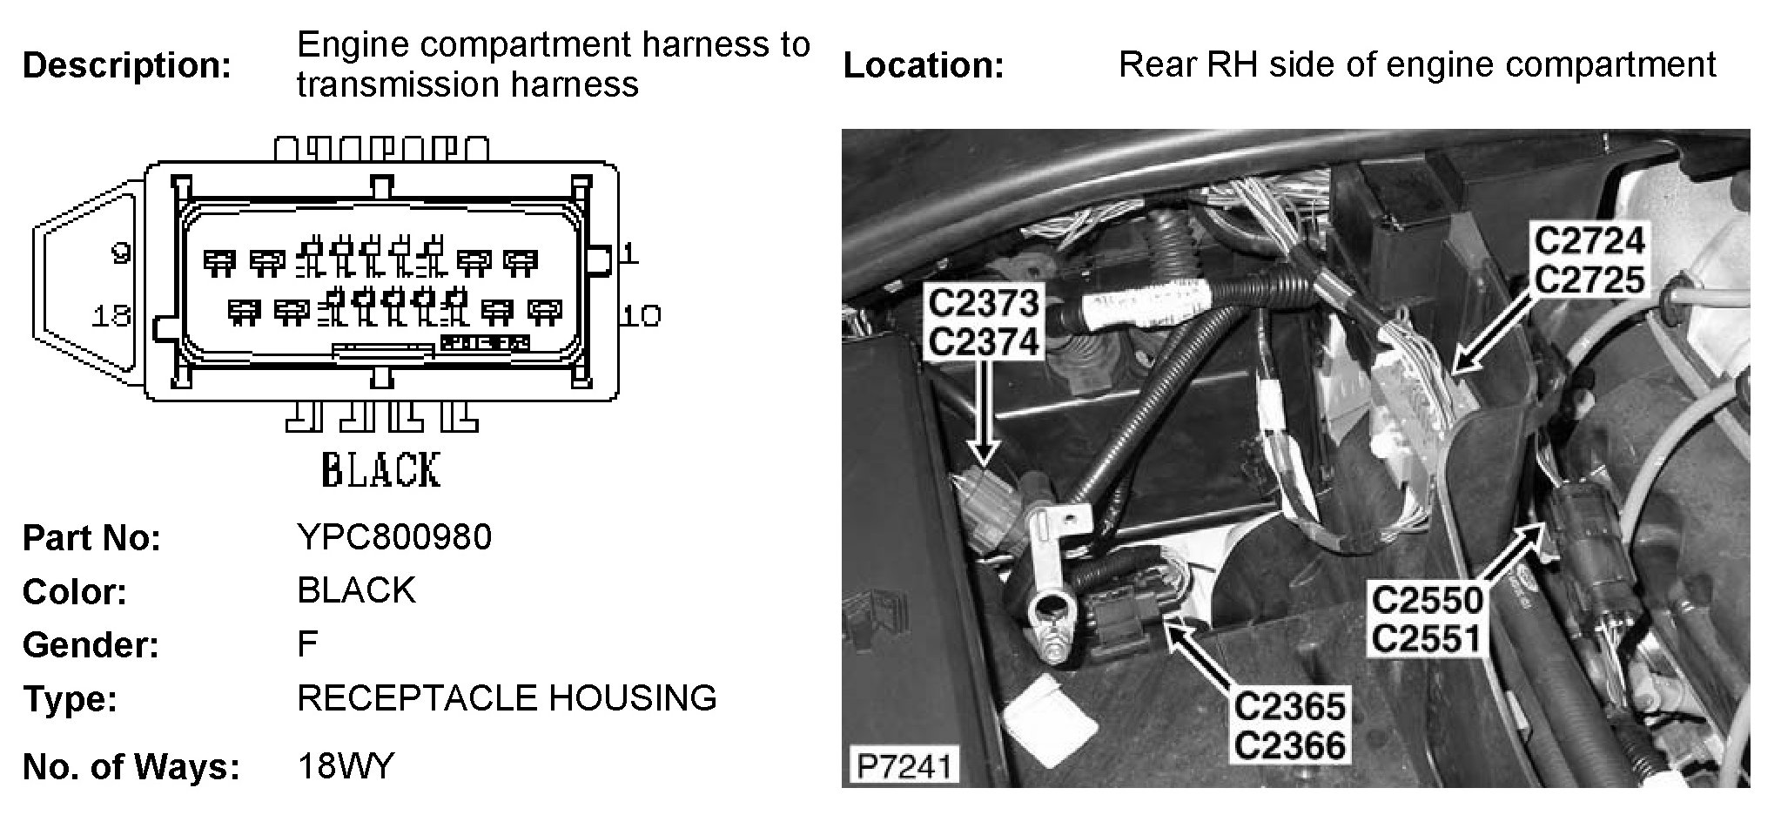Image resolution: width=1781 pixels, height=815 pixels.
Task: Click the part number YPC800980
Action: pyautogui.click(x=394, y=537)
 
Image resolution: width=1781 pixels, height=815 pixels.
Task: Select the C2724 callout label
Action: pyautogui.click(x=1589, y=241)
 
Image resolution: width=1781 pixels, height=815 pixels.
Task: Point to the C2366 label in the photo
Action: pyautogui.click(x=1290, y=745)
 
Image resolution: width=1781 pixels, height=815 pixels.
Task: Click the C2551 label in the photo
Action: pyautogui.click(x=1427, y=638)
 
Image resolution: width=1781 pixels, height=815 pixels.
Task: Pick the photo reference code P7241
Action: pyautogui.click(x=904, y=766)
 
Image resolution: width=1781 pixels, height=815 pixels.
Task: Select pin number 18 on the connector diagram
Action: pyautogui.click(x=111, y=315)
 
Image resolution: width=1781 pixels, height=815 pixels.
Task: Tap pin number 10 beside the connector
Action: pyautogui.click(x=642, y=315)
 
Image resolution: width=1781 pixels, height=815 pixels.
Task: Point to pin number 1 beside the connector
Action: pyautogui.click(x=629, y=253)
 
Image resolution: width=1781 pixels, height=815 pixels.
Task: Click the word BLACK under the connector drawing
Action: pyautogui.click(x=381, y=471)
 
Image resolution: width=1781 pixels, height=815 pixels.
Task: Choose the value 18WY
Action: pyautogui.click(x=346, y=766)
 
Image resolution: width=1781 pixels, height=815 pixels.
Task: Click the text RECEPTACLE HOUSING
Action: pyautogui.click(x=507, y=698)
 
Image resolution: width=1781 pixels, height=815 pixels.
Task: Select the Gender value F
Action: pyautogui.click(x=307, y=644)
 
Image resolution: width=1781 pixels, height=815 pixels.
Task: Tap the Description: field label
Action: pyautogui.click(x=127, y=65)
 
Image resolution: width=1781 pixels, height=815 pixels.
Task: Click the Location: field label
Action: pyautogui.click(x=924, y=65)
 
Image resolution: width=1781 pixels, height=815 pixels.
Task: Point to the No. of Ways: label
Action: pyautogui.click(x=131, y=767)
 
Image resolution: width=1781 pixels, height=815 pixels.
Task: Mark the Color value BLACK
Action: pyautogui.click(x=356, y=590)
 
